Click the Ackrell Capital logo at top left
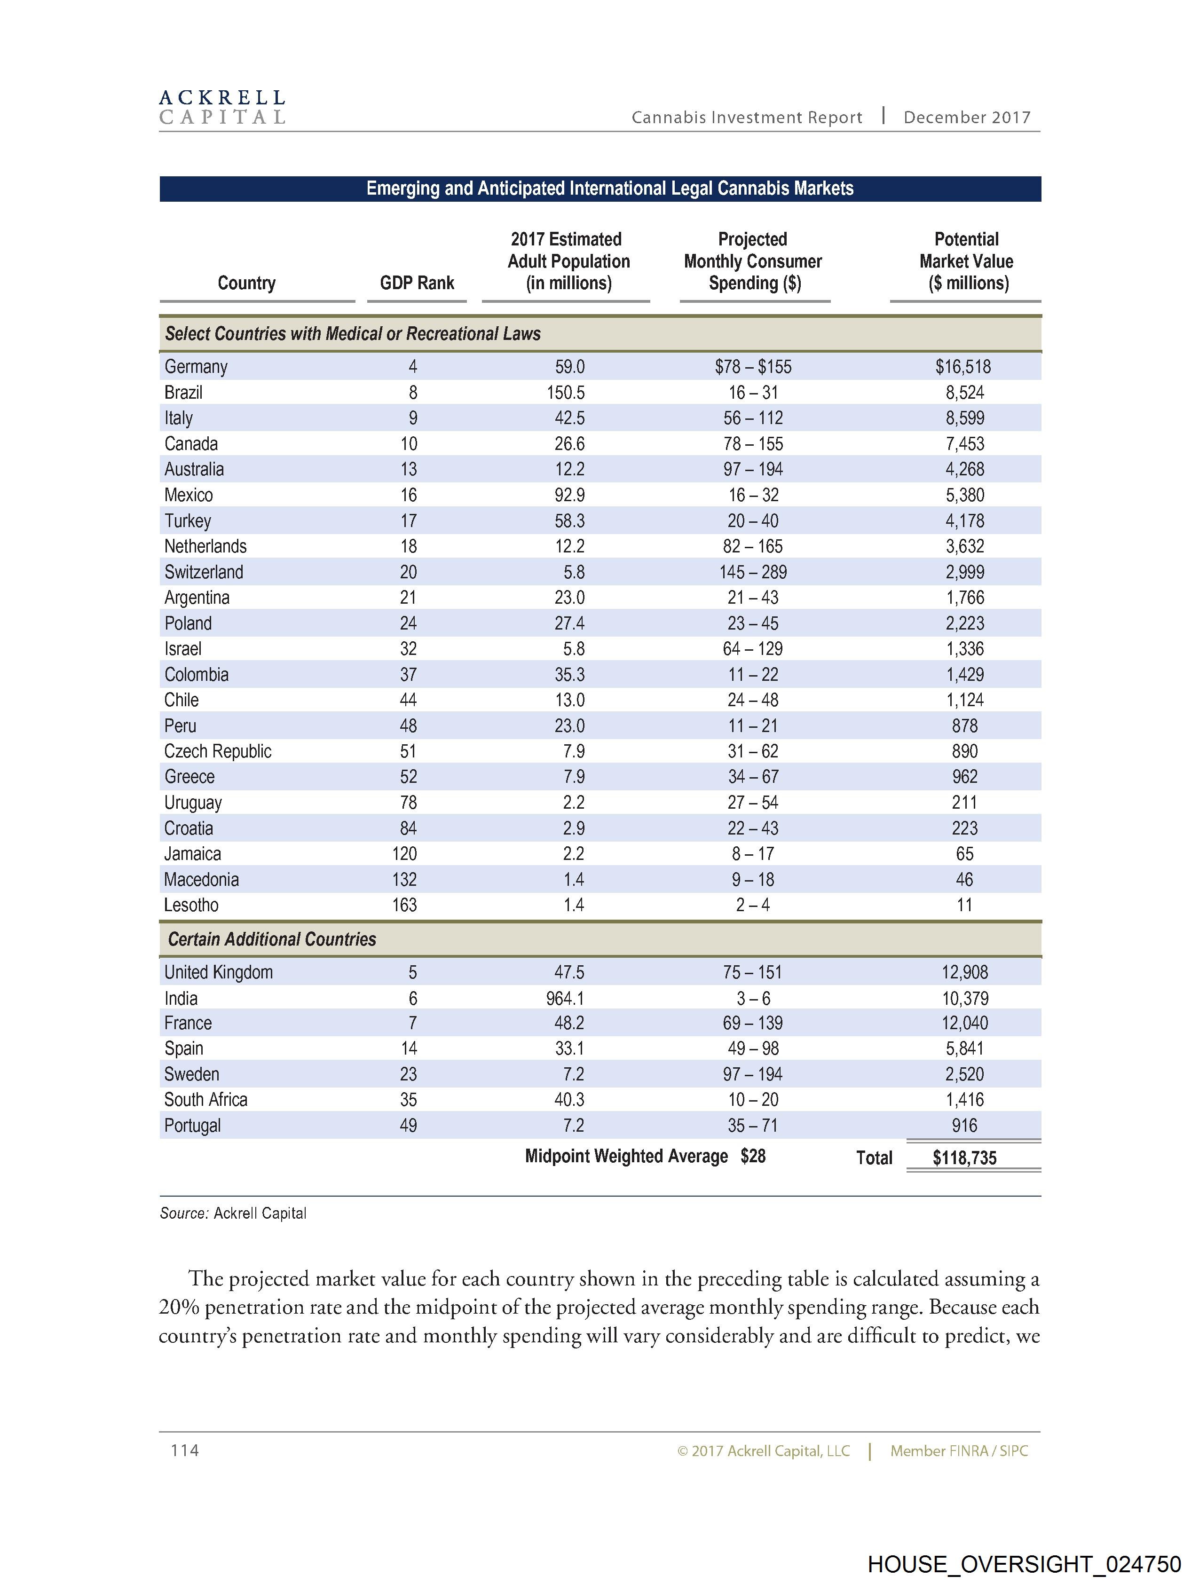[222, 107]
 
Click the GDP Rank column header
[417, 283]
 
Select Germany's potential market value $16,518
[963, 367]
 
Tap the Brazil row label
[183, 393]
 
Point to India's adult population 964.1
[566, 998]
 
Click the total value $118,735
[964, 1158]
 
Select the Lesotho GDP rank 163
[405, 905]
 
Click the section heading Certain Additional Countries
[272, 939]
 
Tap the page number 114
[185, 1450]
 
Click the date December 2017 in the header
[967, 118]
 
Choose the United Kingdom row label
[219, 972]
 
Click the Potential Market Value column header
[966, 261]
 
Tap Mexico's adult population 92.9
[569, 495]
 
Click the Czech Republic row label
[218, 751]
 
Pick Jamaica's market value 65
[965, 853]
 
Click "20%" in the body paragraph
[179, 1308]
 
